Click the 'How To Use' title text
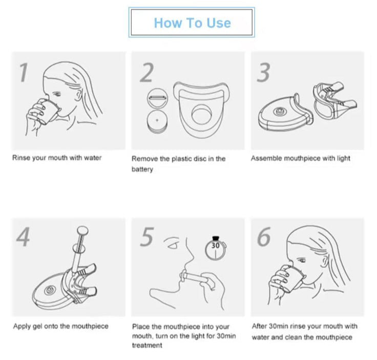tap(193, 23)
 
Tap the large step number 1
tap(24, 72)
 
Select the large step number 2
tap(146, 72)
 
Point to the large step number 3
tap(263, 72)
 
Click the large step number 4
tap(24, 237)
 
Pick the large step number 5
tap(146, 237)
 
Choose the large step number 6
tap(264, 237)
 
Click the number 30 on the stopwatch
tap(216, 245)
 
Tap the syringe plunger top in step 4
tap(82, 230)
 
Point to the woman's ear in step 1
tap(78, 95)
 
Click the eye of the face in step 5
tap(173, 246)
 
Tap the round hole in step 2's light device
tap(202, 115)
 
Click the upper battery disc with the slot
tap(157, 98)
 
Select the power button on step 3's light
tap(279, 111)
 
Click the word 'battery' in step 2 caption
tap(142, 169)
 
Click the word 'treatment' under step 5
tap(147, 345)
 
